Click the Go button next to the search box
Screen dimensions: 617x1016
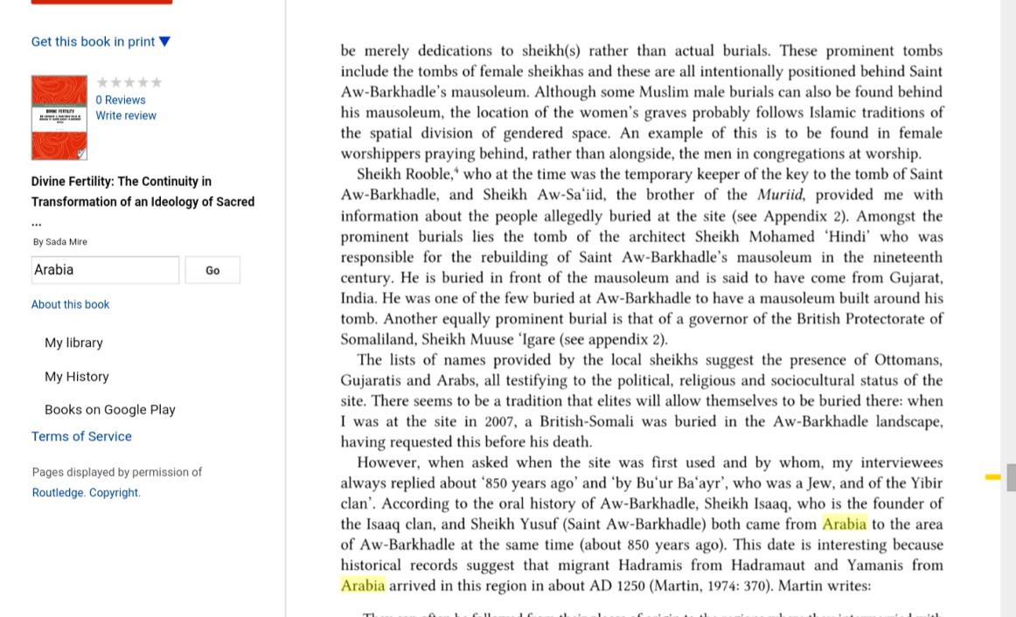coord(212,270)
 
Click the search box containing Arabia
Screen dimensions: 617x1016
coord(105,270)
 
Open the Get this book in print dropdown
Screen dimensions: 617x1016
coord(101,41)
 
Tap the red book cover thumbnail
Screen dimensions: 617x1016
coord(59,117)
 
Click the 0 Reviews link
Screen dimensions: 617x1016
coord(121,100)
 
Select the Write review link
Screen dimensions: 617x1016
coord(126,115)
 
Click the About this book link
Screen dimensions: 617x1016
coord(70,304)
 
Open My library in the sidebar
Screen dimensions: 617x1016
coord(73,343)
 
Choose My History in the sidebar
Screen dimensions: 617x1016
coord(77,376)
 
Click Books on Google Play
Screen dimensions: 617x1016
coord(110,409)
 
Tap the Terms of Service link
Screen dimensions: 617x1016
coord(81,436)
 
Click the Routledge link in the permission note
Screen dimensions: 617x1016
coord(58,492)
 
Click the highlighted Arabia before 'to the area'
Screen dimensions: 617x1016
coord(844,524)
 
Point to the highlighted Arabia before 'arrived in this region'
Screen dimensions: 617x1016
coord(363,586)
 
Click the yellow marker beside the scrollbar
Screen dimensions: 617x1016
coord(992,477)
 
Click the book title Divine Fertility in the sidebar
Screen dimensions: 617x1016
coord(121,181)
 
